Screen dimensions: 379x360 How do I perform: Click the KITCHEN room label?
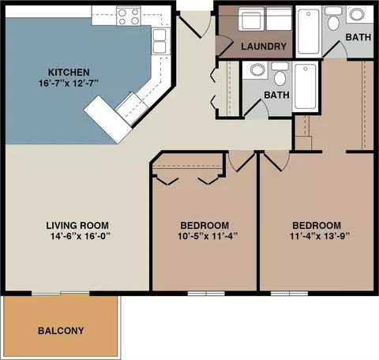tap(69, 72)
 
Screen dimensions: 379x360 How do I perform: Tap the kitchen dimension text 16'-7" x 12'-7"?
tap(69, 84)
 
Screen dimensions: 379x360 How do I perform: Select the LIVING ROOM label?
tap(77, 226)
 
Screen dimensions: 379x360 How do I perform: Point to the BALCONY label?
tap(61, 331)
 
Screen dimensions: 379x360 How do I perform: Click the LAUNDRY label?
tap(264, 47)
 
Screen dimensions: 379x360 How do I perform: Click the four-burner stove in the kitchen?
tap(129, 17)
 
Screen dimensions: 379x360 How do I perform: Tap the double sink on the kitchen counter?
tap(159, 41)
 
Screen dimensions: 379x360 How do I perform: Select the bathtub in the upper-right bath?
tap(308, 32)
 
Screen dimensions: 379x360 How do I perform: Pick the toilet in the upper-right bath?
tap(333, 18)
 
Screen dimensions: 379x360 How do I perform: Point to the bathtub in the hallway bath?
tap(306, 87)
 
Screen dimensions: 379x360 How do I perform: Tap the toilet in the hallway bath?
tap(280, 74)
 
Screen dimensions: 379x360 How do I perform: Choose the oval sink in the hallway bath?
tap(257, 69)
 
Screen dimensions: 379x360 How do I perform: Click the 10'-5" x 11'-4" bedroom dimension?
tap(208, 236)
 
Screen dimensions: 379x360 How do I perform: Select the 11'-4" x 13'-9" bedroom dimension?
tap(320, 236)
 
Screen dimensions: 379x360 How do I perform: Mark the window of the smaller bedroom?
tap(206, 293)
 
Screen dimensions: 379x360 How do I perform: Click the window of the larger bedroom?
tap(289, 293)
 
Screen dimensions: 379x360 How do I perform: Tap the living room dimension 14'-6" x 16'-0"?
tap(80, 236)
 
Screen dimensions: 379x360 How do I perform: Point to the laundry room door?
tap(223, 45)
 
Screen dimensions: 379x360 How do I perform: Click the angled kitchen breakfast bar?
tap(107, 119)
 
